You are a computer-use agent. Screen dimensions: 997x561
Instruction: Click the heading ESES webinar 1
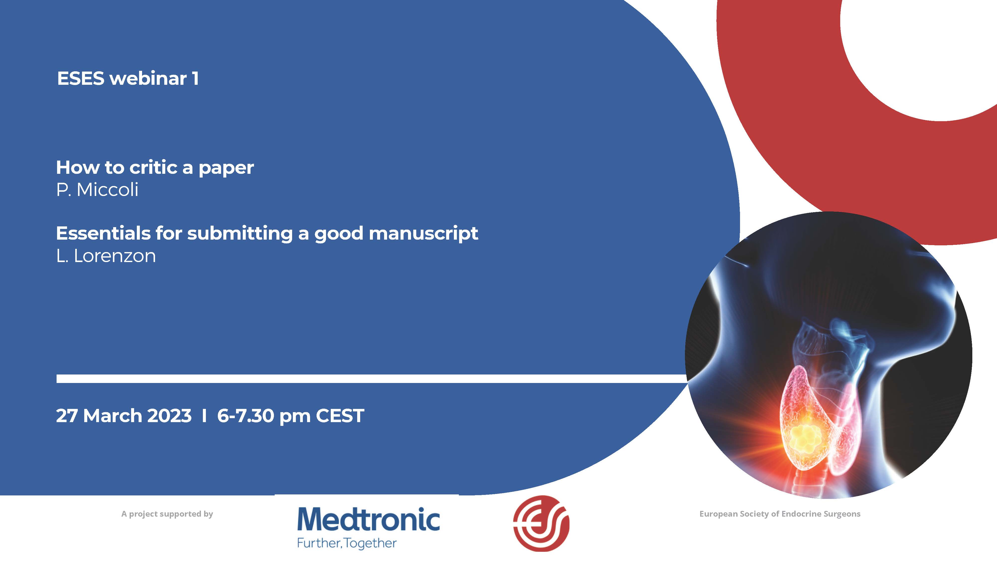pos(128,78)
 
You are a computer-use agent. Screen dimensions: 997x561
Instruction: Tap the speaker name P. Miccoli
pos(97,190)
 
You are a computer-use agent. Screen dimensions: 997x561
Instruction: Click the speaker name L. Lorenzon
pos(106,256)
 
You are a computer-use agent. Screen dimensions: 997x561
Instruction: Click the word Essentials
pos(103,233)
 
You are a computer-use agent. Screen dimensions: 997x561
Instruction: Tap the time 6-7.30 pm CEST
pos(291,416)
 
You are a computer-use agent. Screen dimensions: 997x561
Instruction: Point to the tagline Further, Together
pos(347,543)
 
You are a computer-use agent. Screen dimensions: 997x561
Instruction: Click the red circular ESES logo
pos(541,523)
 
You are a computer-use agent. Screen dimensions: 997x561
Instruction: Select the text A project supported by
pos(167,514)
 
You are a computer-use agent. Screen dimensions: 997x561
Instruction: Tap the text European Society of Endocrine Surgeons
pos(780,514)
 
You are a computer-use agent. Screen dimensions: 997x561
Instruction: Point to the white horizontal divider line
pos(372,379)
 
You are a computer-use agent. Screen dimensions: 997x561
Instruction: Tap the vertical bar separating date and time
pos(204,416)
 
